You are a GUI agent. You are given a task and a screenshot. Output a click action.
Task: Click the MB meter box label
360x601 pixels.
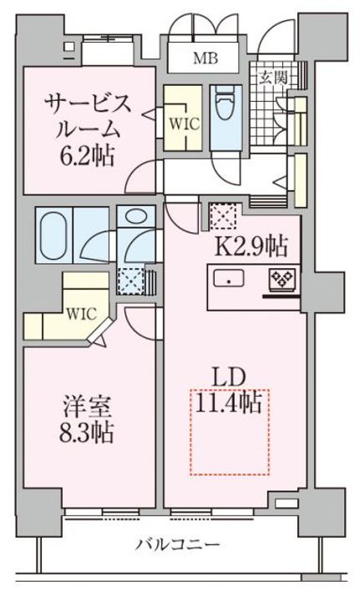pyautogui.click(x=204, y=58)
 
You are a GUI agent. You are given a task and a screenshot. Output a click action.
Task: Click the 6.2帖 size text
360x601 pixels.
pyautogui.click(x=87, y=155)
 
